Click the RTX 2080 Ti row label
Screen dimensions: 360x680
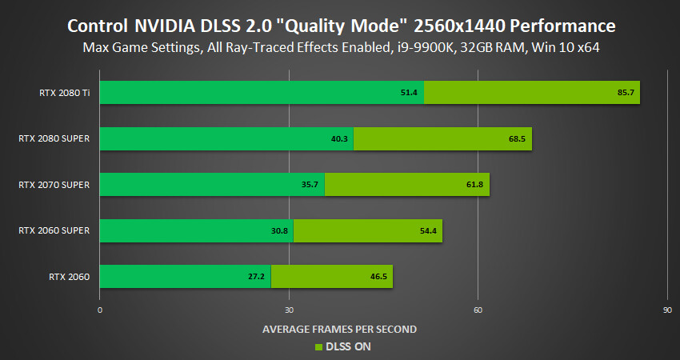[x=63, y=92]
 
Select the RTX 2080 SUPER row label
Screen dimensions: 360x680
[x=54, y=138]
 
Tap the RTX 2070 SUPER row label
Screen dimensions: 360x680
[x=54, y=185]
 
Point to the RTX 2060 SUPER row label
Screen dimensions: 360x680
[x=54, y=231]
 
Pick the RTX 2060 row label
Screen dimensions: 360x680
[x=69, y=277]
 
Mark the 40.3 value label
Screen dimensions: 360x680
[x=339, y=139]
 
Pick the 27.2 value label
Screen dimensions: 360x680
[x=257, y=278]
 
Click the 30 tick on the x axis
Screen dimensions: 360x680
[x=289, y=309]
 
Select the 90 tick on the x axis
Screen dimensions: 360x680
[x=667, y=309]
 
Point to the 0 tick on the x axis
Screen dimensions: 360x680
[x=100, y=309]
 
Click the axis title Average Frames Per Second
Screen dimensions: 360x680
[x=340, y=329]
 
